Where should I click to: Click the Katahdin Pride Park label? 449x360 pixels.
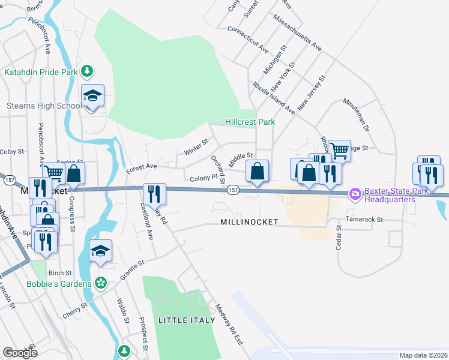(x=41, y=72)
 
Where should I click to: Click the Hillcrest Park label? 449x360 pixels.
(x=250, y=122)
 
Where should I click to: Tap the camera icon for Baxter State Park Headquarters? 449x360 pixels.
(x=355, y=193)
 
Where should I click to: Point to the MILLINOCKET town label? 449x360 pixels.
(x=249, y=222)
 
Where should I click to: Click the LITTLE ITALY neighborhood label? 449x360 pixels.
(x=187, y=320)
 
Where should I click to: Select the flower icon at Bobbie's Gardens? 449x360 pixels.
(x=101, y=283)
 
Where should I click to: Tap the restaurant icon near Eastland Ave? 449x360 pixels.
(x=154, y=193)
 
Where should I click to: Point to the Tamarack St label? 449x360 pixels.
(x=364, y=220)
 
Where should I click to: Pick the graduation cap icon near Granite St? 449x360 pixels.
(x=101, y=251)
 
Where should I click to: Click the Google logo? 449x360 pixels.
(x=20, y=353)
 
